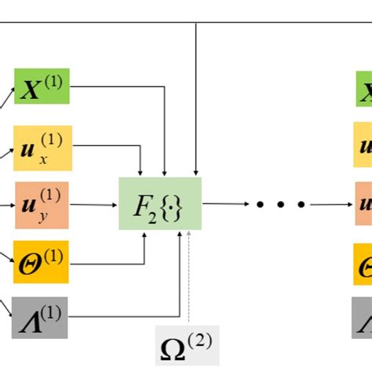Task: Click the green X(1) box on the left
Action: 42,86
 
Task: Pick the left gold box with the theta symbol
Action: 42,262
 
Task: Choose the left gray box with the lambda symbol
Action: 42,317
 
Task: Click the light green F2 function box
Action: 160,203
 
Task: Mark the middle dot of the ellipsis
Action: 279,204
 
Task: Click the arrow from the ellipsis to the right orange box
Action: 330,204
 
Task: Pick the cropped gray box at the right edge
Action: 364,318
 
